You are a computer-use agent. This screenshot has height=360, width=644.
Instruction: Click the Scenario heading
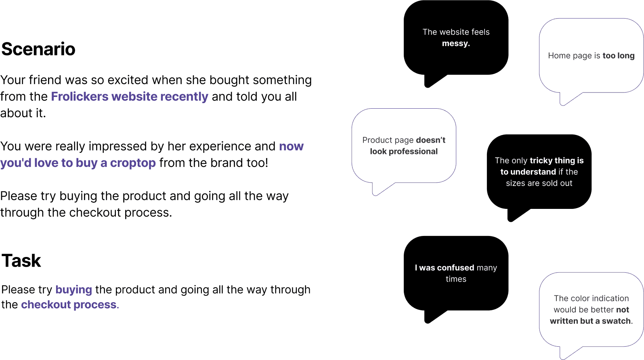(x=38, y=49)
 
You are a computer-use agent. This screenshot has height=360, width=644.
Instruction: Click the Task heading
(x=21, y=261)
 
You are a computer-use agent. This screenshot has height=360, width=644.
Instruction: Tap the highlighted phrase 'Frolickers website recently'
(x=129, y=97)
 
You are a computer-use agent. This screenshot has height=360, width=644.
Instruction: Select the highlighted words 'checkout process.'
(x=70, y=305)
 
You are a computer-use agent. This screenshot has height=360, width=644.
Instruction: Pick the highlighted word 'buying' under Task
(x=73, y=290)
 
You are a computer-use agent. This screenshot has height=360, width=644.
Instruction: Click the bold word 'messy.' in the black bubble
(x=456, y=43)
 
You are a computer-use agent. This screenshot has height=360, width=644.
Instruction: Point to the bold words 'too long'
(x=618, y=56)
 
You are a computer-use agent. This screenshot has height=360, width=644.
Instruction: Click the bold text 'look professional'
(x=404, y=152)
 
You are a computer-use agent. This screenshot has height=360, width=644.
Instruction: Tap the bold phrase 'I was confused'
(x=444, y=268)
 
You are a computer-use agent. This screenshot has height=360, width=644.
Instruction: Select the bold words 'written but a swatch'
(x=590, y=321)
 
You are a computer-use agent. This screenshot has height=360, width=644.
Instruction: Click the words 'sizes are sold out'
(x=539, y=183)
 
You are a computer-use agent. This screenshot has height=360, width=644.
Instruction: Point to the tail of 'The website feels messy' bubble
(x=430, y=82)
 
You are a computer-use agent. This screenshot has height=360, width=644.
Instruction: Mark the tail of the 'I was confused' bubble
(x=430, y=318)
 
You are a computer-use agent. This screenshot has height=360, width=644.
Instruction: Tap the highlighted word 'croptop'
(x=133, y=163)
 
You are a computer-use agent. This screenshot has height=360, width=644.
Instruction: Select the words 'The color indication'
(x=591, y=299)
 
